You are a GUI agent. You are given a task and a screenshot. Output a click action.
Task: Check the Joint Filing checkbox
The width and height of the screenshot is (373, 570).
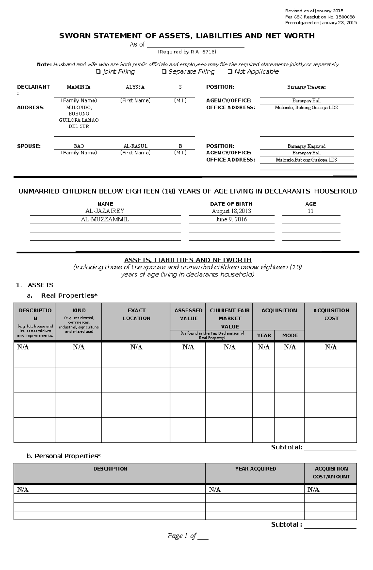point(98,72)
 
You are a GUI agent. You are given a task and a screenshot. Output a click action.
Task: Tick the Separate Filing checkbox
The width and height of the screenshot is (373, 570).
point(164,72)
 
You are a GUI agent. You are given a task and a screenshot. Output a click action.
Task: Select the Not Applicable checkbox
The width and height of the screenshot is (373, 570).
point(230,72)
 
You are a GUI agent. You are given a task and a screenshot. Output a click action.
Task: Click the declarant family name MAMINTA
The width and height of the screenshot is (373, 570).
point(79,87)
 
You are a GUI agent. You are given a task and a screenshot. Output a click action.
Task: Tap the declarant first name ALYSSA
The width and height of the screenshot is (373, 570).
point(135,87)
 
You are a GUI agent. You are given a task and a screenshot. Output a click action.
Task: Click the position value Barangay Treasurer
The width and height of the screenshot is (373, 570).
point(306,87)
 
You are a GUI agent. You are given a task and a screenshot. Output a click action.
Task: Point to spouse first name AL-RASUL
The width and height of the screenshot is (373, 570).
point(135,146)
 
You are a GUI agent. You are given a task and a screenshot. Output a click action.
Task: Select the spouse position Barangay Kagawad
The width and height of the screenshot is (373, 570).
point(306,146)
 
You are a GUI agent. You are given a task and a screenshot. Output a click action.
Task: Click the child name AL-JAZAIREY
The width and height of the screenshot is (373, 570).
point(105,211)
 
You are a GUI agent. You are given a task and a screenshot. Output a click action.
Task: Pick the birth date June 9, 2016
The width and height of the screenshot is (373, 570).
point(231,220)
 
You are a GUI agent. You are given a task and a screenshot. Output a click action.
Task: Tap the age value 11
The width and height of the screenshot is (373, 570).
point(311,211)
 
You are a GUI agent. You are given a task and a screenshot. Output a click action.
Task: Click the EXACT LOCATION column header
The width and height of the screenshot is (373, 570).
point(136,314)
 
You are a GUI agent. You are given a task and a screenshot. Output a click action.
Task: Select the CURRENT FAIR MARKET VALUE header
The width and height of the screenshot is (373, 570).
point(229,318)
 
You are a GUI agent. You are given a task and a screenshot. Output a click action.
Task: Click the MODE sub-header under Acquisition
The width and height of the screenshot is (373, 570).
point(290,335)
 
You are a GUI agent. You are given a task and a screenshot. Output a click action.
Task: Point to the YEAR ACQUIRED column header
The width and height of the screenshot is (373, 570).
point(256,469)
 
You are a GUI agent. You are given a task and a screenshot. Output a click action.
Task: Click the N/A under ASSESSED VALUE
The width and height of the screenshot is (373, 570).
point(188,347)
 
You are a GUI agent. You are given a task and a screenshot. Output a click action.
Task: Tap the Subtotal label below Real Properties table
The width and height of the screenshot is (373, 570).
point(286,447)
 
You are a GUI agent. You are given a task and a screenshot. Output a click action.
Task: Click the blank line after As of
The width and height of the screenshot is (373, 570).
point(196,45)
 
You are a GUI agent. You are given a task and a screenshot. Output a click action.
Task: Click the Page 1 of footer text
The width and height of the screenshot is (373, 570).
point(182,536)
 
